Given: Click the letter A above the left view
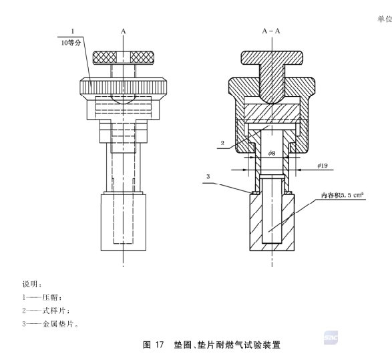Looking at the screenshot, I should (x=123, y=31).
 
